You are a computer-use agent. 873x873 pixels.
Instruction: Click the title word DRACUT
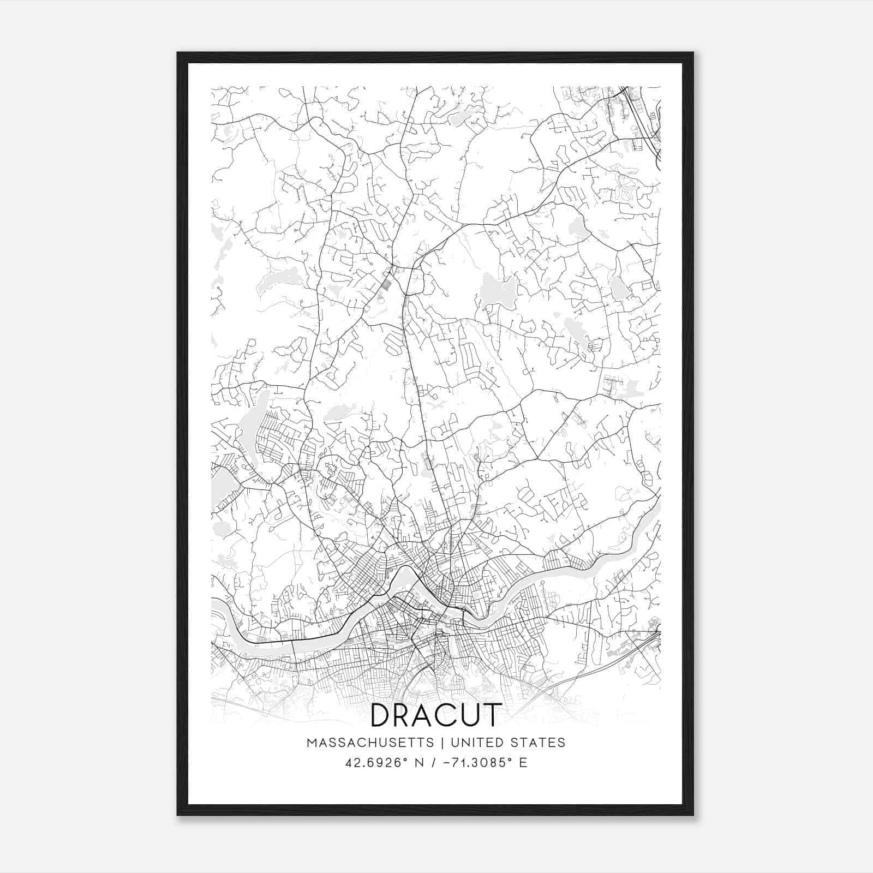coord(435,716)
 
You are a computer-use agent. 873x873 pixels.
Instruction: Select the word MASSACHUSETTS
coord(370,743)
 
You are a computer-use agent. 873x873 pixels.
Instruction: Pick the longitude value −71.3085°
coord(475,762)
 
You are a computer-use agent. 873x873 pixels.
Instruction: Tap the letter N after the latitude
coord(420,762)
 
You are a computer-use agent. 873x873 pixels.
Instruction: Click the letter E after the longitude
coord(523,762)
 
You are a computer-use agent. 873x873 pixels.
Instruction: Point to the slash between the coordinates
coord(434,762)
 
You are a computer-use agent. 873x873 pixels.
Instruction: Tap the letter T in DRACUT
coord(490,716)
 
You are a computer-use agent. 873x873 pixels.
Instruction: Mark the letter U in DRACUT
coord(469,716)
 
